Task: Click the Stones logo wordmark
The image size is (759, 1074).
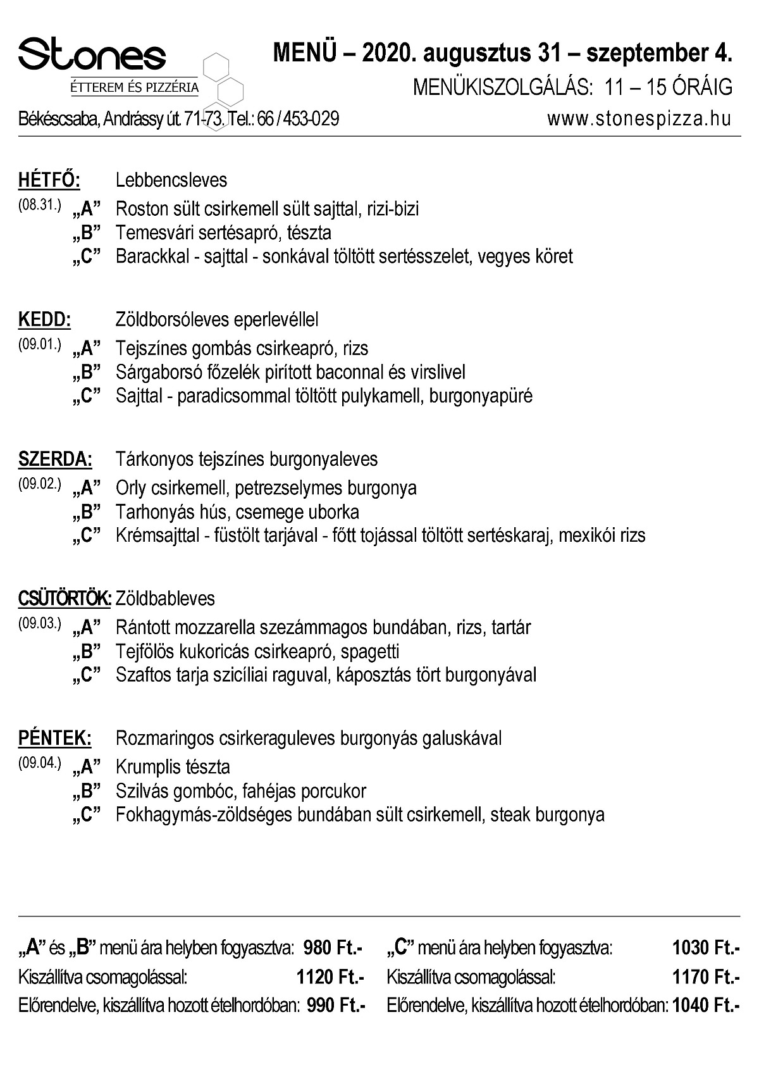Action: pyautogui.click(x=92, y=53)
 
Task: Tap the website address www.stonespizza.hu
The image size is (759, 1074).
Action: pyautogui.click(x=639, y=118)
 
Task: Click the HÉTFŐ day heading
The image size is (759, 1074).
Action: pyautogui.click(x=49, y=180)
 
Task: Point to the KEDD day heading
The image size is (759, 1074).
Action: pyautogui.click(x=44, y=320)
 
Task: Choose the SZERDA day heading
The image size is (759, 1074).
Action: pyautogui.click(x=55, y=459)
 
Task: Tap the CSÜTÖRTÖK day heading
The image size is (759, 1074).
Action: pyautogui.click(x=65, y=599)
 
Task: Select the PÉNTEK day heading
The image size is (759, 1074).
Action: pyautogui.click(x=54, y=738)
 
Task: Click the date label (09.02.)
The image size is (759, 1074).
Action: pyautogui.click(x=39, y=484)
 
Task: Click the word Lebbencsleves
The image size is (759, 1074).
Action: pyautogui.click(x=171, y=180)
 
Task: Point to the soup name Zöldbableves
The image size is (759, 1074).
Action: pyautogui.click(x=165, y=599)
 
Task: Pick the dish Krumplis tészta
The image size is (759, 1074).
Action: pyautogui.click(x=173, y=767)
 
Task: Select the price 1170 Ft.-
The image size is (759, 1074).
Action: pyautogui.click(x=706, y=977)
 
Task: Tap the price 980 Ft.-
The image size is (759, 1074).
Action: pyautogui.click(x=333, y=948)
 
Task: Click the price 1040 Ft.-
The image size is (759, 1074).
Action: pyautogui.click(x=706, y=1005)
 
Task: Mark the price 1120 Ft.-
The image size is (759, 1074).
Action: pyautogui.click(x=330, y=977)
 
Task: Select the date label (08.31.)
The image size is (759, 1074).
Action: pyautogui.click(x=39, y=205)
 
